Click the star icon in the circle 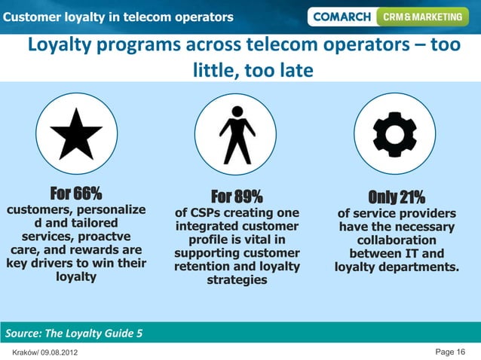pos(76,134)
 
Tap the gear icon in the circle pos(395,134)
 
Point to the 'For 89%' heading pos(237,197)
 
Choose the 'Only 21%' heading pos(396,197)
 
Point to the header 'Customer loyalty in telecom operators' pos(118,17)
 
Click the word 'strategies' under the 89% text pos(237,280)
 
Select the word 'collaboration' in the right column pos(396,240)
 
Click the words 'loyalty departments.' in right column pos(396,267)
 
